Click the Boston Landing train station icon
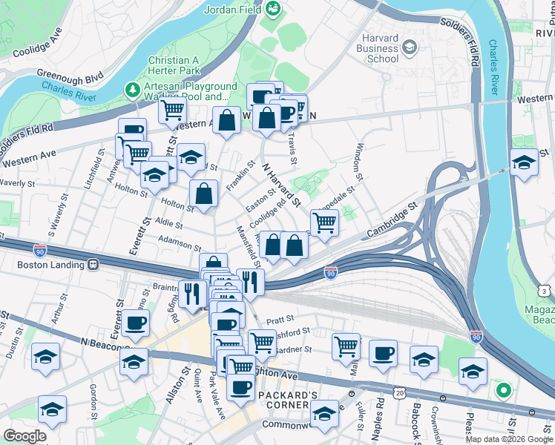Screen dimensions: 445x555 (93, 263)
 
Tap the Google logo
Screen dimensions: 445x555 (25, 435)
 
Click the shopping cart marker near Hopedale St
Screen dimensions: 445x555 (324, 222)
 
